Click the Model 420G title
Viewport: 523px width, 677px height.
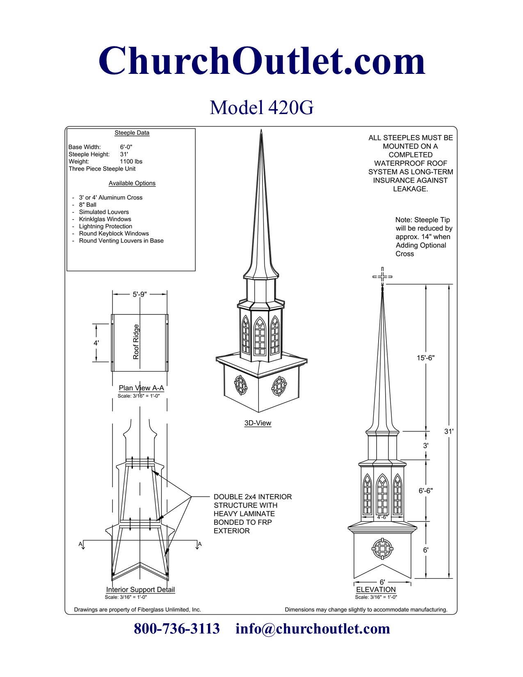coord(261,107)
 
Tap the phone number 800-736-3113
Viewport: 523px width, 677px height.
coord(177,629)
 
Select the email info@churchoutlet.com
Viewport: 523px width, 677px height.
coord(313,629)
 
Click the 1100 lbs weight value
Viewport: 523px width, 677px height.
coord(131,162)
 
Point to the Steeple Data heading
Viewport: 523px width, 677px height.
coord(132,133)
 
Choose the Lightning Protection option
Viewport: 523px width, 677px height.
coord(105,226)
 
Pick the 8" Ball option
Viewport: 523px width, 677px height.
coord(87,205)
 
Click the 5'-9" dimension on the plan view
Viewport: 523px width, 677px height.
coord(139,294)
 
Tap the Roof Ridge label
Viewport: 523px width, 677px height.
coord(136,342)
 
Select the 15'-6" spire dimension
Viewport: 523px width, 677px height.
coord(425,358)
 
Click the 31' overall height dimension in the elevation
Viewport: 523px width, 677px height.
coord(449,431)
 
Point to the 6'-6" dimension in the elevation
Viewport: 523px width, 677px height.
coord(425,490)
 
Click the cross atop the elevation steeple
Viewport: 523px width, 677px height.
coord(382,277)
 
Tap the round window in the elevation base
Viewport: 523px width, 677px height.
coord(382,549)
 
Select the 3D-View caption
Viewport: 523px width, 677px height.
coord(258,423)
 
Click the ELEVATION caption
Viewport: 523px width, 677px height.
coord(376,590)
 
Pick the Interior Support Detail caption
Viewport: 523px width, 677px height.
coord(140,590)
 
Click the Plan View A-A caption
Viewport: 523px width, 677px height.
coord(141,388)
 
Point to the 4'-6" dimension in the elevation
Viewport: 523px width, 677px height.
coord(382,517)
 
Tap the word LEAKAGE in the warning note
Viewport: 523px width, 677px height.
coord(410,189)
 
